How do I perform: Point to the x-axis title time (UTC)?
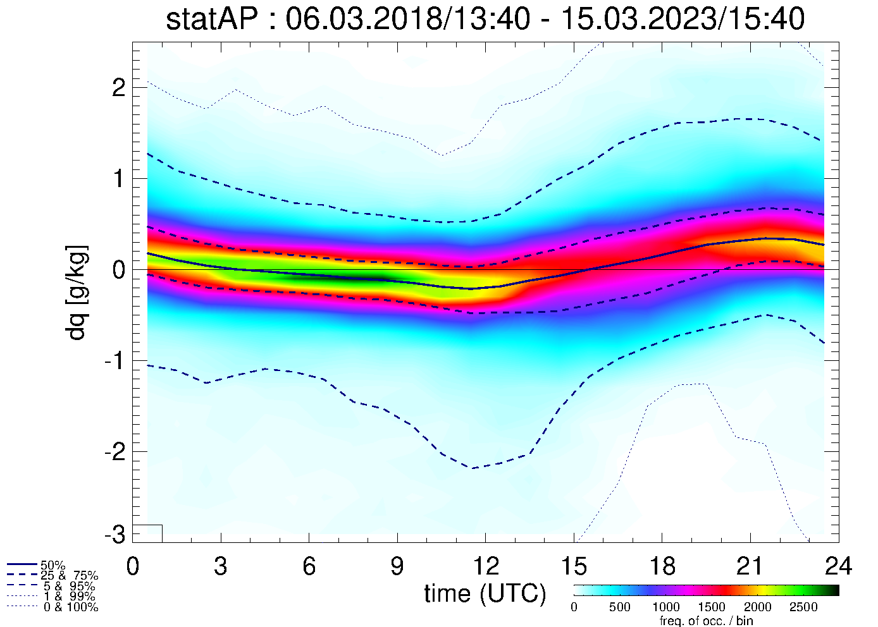[x=485, y=594]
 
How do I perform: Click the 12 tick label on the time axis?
[x=485, y=566]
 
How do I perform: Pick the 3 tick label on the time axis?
[x=220, y=566]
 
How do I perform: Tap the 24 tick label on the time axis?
[x=838, y=566]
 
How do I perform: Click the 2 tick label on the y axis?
[x=118, y=88]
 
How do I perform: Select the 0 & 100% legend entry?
[x=69, y=607]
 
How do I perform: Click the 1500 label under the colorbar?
[x=711, y=607]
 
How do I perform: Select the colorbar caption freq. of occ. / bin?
[x=706, y=621]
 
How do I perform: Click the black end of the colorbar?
[x=834, y=590]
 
